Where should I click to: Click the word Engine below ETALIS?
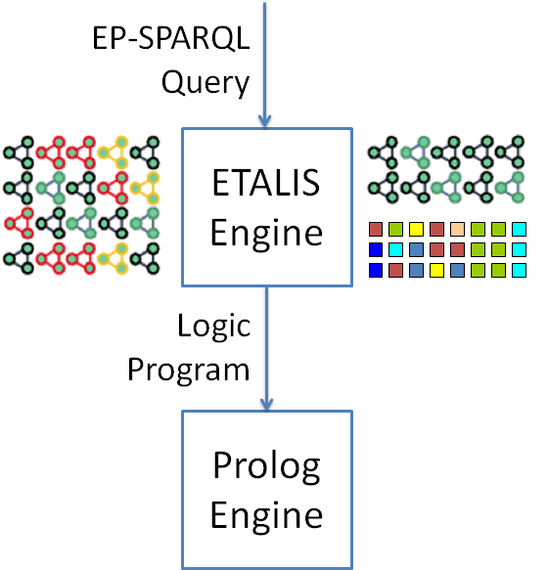tap(266, 233)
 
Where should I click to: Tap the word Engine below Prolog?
tap(266, 514)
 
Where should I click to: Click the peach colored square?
tap(457, 230)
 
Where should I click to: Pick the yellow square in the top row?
tap(416, 230)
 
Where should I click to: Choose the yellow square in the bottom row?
tap(436, 271)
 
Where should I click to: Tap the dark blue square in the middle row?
tap(375, 250)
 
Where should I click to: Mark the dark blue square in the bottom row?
tap(375, 271)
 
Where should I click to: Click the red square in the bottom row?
tap(395, 271)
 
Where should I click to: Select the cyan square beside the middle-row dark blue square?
tap(395, 250)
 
